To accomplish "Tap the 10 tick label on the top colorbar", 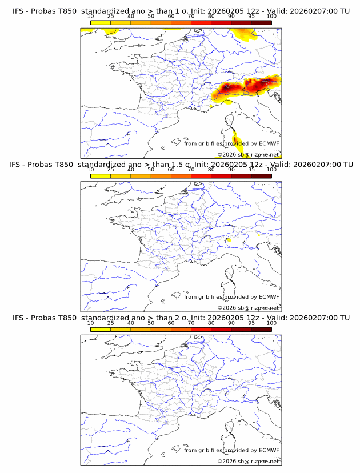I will pyautogui.click(x=90, y=17).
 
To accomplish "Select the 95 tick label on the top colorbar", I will pyautogui.click(x=251, y=17).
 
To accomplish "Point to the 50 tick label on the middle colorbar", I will pyautogui.click(x=151, y=170).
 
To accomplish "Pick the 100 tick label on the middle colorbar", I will pyautogui.click(x=271, y=170).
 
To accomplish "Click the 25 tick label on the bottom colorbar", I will pyautogui.click(x=110, y=323).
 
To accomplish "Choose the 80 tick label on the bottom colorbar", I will pyautogui.click(x=211, y=323).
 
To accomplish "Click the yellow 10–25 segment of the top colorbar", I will pyautogui.click(x=100, y=22).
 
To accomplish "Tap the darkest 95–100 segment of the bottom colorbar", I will pyautogui.click(x=261, y=329).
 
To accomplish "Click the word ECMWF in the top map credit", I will pyautogui.click(x=269, y=144).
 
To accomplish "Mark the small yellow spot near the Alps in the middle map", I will pyautogui.click(x=229, y=240).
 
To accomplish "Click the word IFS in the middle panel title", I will pyautogui.click(x=18, y=165).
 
